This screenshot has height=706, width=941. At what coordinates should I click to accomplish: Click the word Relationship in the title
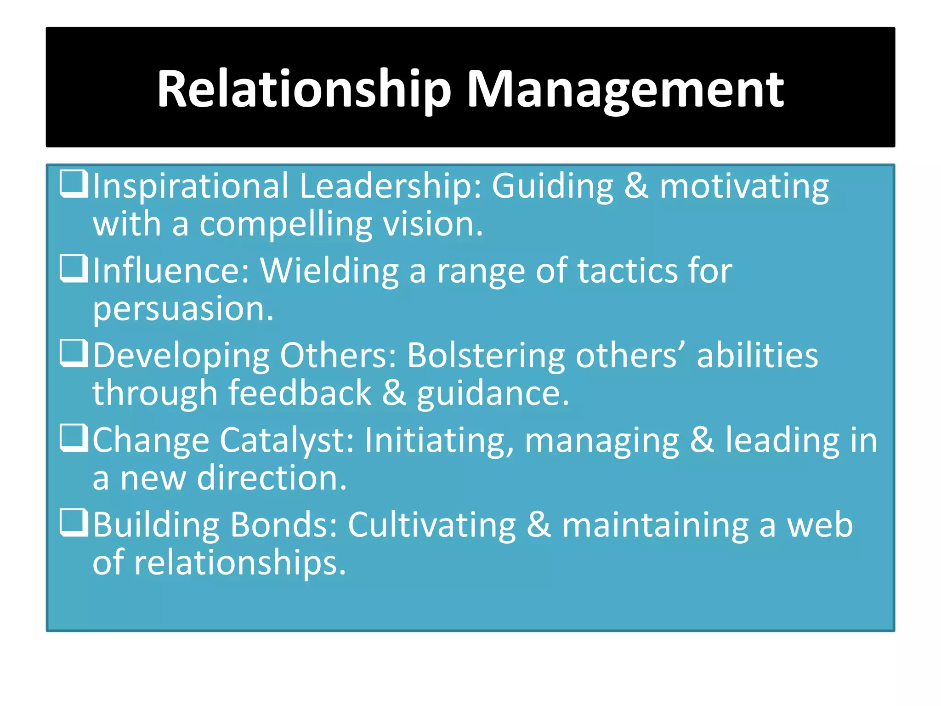(x=304, y=90)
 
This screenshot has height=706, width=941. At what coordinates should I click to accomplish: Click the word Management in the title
(x=625, y=90)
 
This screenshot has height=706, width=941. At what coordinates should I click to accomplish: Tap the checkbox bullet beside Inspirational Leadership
(x=74, y=184)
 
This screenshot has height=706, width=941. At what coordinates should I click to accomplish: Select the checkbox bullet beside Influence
(x=74, y=268)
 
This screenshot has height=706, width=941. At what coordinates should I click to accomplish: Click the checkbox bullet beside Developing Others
(x=74, y=353)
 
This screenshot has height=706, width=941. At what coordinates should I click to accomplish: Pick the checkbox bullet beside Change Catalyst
(x=74, y=438)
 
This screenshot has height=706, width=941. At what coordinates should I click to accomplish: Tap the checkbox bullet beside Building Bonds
(x=74, y=523)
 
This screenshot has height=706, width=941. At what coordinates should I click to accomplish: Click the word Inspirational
(x=191, y=187)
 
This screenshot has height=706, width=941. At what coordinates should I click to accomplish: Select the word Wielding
(x=329, y=271)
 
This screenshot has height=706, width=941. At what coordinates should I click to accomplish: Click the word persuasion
(x=183, y=309)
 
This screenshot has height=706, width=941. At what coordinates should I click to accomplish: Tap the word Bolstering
(x=486, y=356)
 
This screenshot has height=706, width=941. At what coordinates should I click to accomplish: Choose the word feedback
(x=300, y=393)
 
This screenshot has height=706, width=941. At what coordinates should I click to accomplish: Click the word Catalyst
(x=287, y=440)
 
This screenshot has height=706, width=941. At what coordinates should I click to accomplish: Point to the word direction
(x=272, y=478)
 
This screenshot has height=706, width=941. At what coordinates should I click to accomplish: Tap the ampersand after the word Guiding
(x=636, y=187)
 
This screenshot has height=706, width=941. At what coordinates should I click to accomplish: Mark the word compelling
(x=285, y=225)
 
